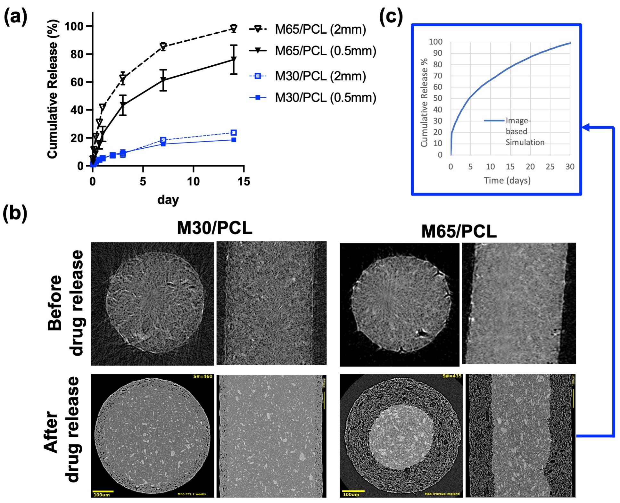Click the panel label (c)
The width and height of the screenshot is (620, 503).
391,17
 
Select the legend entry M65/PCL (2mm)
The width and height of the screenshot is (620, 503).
320,29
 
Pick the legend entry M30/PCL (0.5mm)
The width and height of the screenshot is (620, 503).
325,97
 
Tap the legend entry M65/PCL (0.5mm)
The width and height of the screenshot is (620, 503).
325,51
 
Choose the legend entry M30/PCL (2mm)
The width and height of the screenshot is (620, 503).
320,76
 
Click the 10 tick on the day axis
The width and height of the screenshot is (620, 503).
193,181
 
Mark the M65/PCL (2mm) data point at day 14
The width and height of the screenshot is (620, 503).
234,28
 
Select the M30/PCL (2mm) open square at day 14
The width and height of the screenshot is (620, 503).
234,133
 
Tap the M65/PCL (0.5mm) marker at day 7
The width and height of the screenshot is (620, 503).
163,80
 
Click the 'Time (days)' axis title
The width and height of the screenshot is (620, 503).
507,180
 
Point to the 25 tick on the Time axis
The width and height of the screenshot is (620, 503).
550,167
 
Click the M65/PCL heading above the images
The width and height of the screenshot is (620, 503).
459,231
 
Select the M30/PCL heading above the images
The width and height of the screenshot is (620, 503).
214,228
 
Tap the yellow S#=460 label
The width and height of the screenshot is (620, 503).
203,376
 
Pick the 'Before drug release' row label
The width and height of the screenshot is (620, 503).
65,303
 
